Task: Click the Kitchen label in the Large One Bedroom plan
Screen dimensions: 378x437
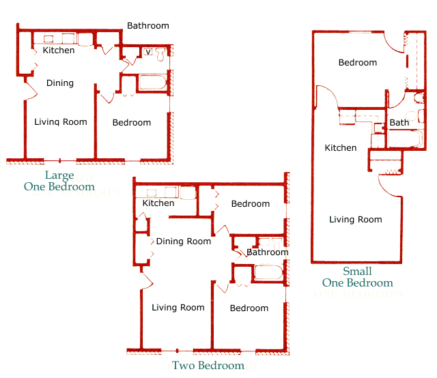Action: click(59, 50)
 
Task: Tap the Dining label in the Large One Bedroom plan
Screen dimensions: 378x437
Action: click(60, 83)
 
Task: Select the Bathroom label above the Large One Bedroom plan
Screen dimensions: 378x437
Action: click(147, 26)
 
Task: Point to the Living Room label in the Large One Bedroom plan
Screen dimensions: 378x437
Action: click(61, 122)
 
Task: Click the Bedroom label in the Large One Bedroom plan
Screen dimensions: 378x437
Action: click(132, 123)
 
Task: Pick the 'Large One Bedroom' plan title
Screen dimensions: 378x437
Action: click(59, 181)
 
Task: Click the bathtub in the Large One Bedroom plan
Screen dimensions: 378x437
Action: click(152, 83)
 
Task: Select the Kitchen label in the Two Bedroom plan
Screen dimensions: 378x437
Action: click(158, 203)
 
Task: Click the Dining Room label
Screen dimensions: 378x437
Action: click(184, 242)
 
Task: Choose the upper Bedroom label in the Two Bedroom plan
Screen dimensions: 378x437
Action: click(251, 204)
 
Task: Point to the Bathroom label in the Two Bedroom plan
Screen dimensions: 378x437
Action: click(268, 252)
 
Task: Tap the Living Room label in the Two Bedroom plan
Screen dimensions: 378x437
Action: click(178, 308)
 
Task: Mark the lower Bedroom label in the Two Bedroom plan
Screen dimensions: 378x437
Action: click(249, 308)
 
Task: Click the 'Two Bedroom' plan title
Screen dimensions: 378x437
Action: click(208, 365)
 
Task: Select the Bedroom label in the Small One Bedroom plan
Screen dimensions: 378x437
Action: click(358, 63)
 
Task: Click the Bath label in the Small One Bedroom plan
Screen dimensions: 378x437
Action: click(399, 123)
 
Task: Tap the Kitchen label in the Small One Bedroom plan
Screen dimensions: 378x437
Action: click(341, 148)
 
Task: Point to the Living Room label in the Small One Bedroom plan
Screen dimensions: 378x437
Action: click(356, 220)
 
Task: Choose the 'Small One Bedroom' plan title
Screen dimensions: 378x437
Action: click(358, 277)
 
